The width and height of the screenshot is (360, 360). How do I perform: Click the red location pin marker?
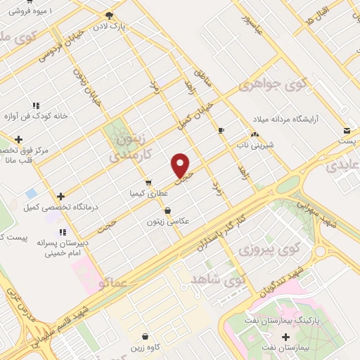[x=181, y=165]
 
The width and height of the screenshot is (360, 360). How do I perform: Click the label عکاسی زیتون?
[x=169, y=221]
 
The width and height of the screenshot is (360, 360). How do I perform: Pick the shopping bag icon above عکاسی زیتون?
[x=167, y=210]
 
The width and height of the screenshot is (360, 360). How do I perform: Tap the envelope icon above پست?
[x=347, y=131]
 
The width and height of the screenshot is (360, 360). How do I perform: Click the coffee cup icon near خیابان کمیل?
[x=221, y=130]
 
